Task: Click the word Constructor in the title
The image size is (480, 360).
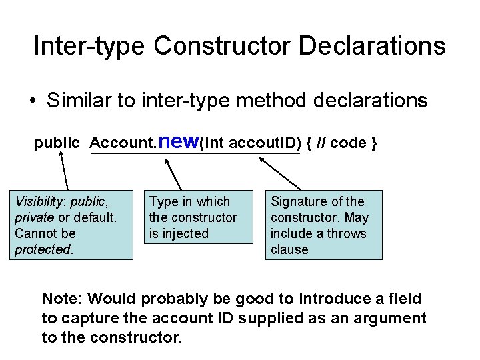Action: (223, 46)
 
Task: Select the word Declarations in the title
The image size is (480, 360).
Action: (372, 46)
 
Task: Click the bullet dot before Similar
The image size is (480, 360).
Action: (32, 101)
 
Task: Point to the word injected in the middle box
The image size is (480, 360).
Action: (187, 233)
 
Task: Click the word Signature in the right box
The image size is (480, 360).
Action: (297, 201)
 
